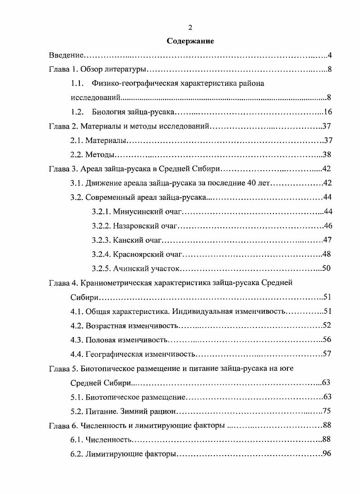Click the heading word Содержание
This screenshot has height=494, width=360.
point(190,41)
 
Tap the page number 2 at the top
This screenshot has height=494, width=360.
point(190,28)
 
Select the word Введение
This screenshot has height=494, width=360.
point(66,55)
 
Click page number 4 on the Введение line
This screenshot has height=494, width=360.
point(330,55)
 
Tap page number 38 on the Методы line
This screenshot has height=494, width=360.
point(328,155)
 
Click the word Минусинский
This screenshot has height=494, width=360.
point(134,212)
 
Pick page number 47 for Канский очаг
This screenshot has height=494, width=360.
point(328,240)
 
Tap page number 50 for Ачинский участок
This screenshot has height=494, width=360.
point(327,268)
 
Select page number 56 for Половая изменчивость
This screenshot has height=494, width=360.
point(328,340)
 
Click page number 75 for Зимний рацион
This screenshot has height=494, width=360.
point(328,411)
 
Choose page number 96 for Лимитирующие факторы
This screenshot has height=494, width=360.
point(328,453)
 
